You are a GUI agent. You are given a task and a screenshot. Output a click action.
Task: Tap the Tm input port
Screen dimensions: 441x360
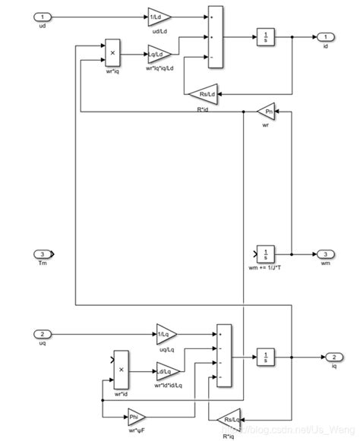[x=45, y=254]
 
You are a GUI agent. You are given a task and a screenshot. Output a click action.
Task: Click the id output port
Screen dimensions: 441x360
[x=324, y=36]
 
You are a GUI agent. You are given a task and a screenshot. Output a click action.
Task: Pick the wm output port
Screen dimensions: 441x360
[x=324, y=254]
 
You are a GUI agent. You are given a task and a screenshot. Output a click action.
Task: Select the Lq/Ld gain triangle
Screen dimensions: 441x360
[x=159, y=54]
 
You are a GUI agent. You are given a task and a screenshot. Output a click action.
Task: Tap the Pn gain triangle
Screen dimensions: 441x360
[x=267, y=112]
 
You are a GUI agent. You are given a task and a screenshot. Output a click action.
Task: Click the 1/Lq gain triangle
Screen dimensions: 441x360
[x=166, y=333]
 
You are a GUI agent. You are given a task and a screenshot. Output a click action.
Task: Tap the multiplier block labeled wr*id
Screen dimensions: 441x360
[x=121, y=371]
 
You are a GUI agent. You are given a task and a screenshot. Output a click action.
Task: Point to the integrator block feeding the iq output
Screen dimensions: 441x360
[x=265, y=356]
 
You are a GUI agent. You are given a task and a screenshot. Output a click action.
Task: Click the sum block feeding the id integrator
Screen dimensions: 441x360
[x=216, y=36]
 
